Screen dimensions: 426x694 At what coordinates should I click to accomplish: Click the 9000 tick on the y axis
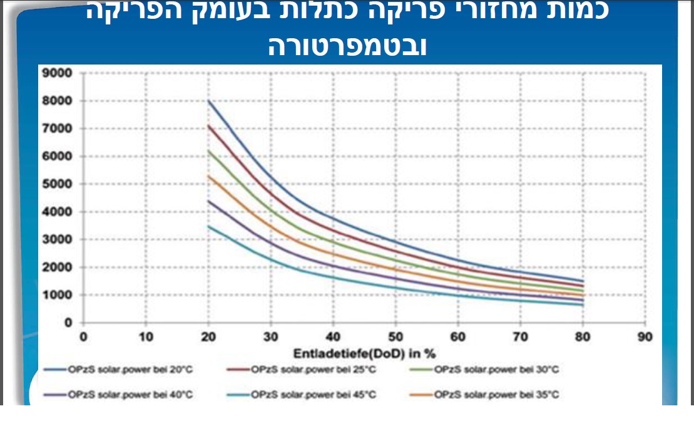pos(58,73)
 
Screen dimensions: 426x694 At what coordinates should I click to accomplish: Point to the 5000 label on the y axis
pos(58,184)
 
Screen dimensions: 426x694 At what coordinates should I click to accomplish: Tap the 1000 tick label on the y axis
pos(58,295)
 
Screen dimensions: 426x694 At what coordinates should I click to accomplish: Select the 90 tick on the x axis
pos(645,336)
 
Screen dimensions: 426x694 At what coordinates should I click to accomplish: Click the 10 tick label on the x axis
pos(145,336)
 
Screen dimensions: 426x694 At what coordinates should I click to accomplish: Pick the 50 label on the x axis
pos(395,336)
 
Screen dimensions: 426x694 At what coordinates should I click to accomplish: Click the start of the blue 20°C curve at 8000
pos(208,101)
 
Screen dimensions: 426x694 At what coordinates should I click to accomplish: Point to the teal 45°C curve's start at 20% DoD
pos(208,226)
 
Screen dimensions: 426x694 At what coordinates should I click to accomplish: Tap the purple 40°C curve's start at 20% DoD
pos(208,200)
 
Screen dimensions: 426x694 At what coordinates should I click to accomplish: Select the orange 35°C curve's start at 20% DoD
pos(208,175)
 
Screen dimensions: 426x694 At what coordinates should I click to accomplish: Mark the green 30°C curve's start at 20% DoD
pos(208,150)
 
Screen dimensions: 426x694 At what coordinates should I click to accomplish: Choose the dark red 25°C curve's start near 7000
pos(208,125)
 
